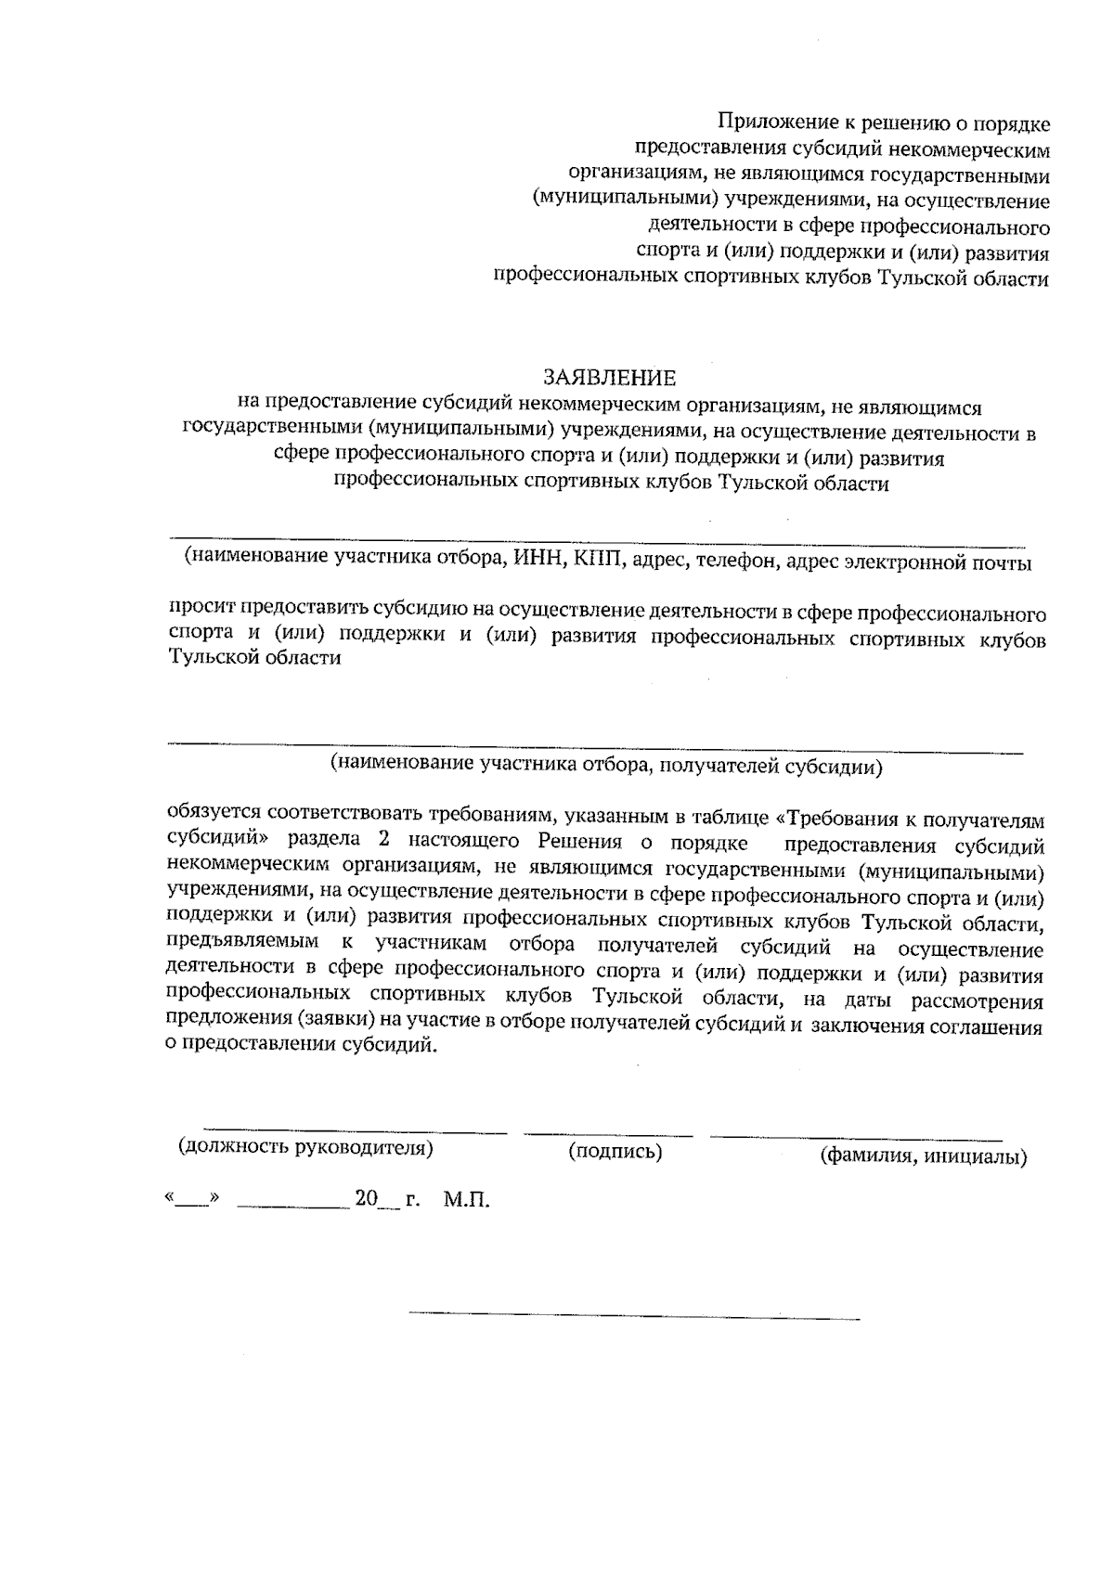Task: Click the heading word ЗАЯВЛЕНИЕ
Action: click(x=609, y=378)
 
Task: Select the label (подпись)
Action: click(x=615, y=1152)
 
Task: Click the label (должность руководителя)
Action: click(x=306, y=1147)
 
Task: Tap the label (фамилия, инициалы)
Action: click(x=923, y=1156)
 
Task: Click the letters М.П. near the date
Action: click(x=466, y=1200)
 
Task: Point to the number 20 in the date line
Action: click(x=366, y=1199)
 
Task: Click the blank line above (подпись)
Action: click(x=608, y=1134)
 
